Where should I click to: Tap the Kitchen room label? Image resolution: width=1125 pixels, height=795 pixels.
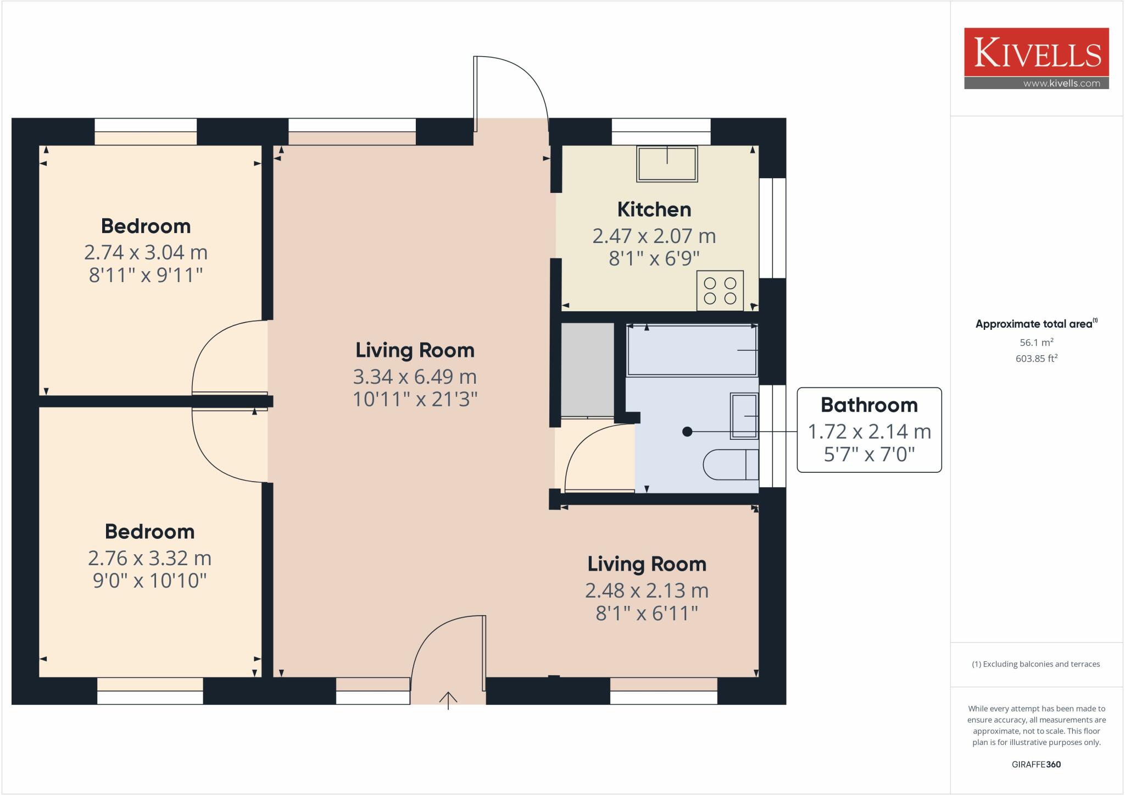coord(654,209)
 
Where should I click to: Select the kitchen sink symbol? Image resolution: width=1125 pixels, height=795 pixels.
coord(667,164)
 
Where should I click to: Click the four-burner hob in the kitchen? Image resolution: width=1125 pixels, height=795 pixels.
coord(720,290)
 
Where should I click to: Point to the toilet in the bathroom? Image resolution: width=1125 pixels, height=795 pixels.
coord(731,465)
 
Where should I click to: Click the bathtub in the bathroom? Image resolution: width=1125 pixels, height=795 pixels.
coord(692,350)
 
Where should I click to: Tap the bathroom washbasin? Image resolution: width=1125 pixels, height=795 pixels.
coord(744,416)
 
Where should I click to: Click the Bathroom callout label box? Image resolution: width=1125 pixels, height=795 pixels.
coord(869,430)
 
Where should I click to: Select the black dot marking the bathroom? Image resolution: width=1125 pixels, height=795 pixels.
coord(687,432)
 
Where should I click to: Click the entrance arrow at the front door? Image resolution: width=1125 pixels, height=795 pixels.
coord(448,700)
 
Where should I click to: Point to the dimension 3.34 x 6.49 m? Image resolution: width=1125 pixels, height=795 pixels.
coord(415,377)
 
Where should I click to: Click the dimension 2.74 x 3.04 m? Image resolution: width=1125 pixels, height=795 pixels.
coord(146,252)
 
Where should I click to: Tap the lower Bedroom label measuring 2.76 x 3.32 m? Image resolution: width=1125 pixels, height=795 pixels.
coord(149,532)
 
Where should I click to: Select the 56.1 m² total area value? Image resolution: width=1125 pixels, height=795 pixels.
coord(1036,342)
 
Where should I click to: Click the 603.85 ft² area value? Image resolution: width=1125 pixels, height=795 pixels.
coord(1036,358)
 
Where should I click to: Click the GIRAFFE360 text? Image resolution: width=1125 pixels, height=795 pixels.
coord(1036,764)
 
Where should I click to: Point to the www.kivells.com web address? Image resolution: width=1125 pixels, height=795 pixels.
coord(1061,84)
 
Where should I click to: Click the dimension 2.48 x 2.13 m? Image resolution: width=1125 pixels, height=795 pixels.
coord(647,590)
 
